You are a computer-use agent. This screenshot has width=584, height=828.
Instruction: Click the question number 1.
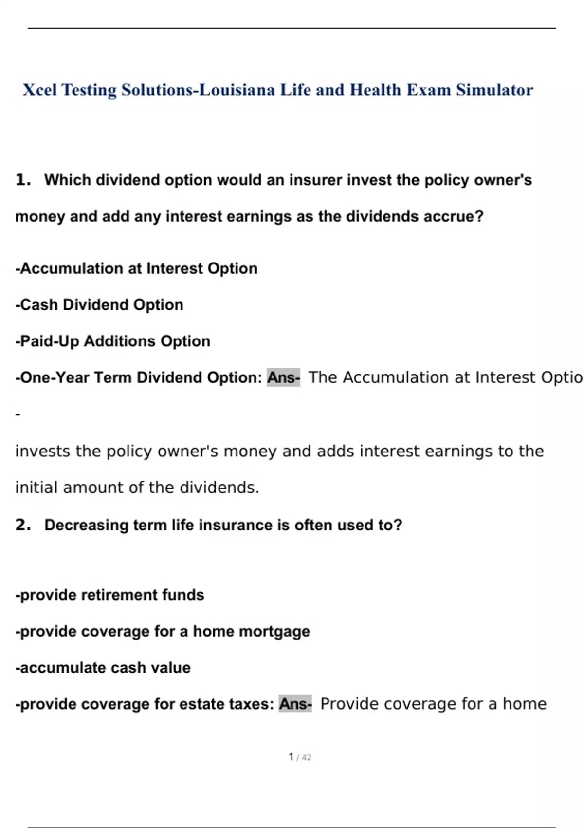click(x=22, y=180)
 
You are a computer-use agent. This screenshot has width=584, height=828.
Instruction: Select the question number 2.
click(x=22, y=525)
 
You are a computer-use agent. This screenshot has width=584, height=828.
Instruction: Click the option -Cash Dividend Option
click(x=99, y=305)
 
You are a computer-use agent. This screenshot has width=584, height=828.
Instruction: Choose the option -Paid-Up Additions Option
click(x=113, y=341)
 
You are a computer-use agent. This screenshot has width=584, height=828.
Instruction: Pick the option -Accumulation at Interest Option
click(x=136, y=268)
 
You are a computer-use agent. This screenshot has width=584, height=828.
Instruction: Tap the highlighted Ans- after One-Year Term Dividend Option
click(x=283, y=377)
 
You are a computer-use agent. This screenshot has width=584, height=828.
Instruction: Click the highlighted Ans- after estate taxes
click(x=295, y=704)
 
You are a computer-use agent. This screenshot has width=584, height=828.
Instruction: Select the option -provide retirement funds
click(x=109, y=595)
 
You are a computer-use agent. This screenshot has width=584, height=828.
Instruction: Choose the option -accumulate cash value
click(x=103, y=668)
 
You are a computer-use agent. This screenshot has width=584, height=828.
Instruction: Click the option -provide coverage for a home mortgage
click(x=163, y=632)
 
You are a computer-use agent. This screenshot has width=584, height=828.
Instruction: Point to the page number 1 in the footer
click(x=291, y=757)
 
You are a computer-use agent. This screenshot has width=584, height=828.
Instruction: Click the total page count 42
click(x=307, y=757)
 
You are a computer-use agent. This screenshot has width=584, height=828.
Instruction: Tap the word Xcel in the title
click(x=39, y=90)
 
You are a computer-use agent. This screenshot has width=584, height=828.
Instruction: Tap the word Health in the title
click(x=375, y=90)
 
